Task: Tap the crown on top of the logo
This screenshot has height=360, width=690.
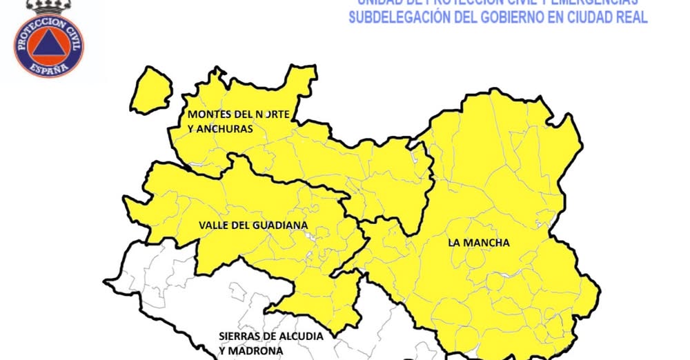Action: click(49, 8)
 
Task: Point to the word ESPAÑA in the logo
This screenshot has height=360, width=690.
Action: click(49, 68)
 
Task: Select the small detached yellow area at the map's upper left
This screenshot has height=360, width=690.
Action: click(151, 90)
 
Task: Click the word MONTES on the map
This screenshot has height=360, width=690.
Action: click(206, 114)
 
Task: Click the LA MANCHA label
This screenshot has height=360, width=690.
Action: click(478, 243)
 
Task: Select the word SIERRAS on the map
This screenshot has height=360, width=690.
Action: click(239, 336)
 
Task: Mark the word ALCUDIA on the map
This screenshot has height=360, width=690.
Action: click(302, 336)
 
